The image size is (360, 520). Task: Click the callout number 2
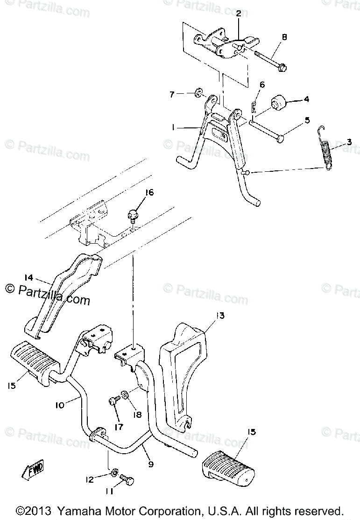238,14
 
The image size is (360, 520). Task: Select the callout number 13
219,316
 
